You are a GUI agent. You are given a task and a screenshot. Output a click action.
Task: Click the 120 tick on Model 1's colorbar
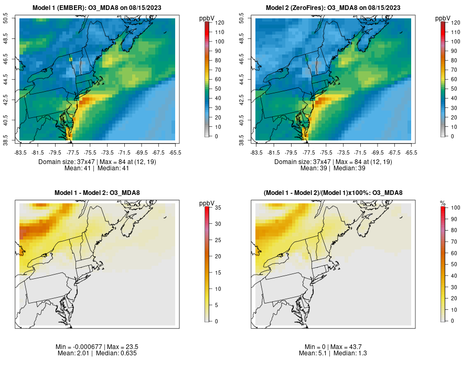(x=219, y=23)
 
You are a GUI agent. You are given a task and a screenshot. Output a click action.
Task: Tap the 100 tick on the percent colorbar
(x=455, y=208)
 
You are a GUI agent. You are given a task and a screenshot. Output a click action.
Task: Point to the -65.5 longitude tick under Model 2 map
(x=411, y=153)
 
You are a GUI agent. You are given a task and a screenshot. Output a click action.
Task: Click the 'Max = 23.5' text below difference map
(x=124, y=347)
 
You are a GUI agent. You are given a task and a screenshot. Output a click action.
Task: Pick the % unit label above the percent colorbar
(x=443, y=203)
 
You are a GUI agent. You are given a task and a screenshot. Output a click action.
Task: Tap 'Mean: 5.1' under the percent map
(x=314, y=353)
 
